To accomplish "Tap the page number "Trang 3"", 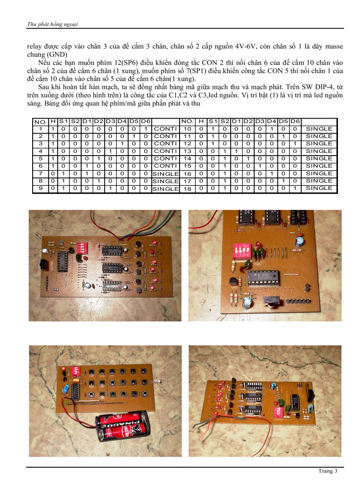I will click(x=327, y=471).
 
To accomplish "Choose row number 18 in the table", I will click(x=187, y=188).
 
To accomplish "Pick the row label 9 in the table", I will click(x=40, y=188).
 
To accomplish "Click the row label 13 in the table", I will click(x=187, y=151).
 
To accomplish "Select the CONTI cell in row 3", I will click(x=165, y=144).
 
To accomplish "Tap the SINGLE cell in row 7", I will click(x=165, y=174).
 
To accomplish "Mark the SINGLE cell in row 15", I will click(x=319, y=166).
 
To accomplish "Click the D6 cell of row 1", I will click(x=146, y=129).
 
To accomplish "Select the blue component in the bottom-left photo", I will click(x=65, y=388).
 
